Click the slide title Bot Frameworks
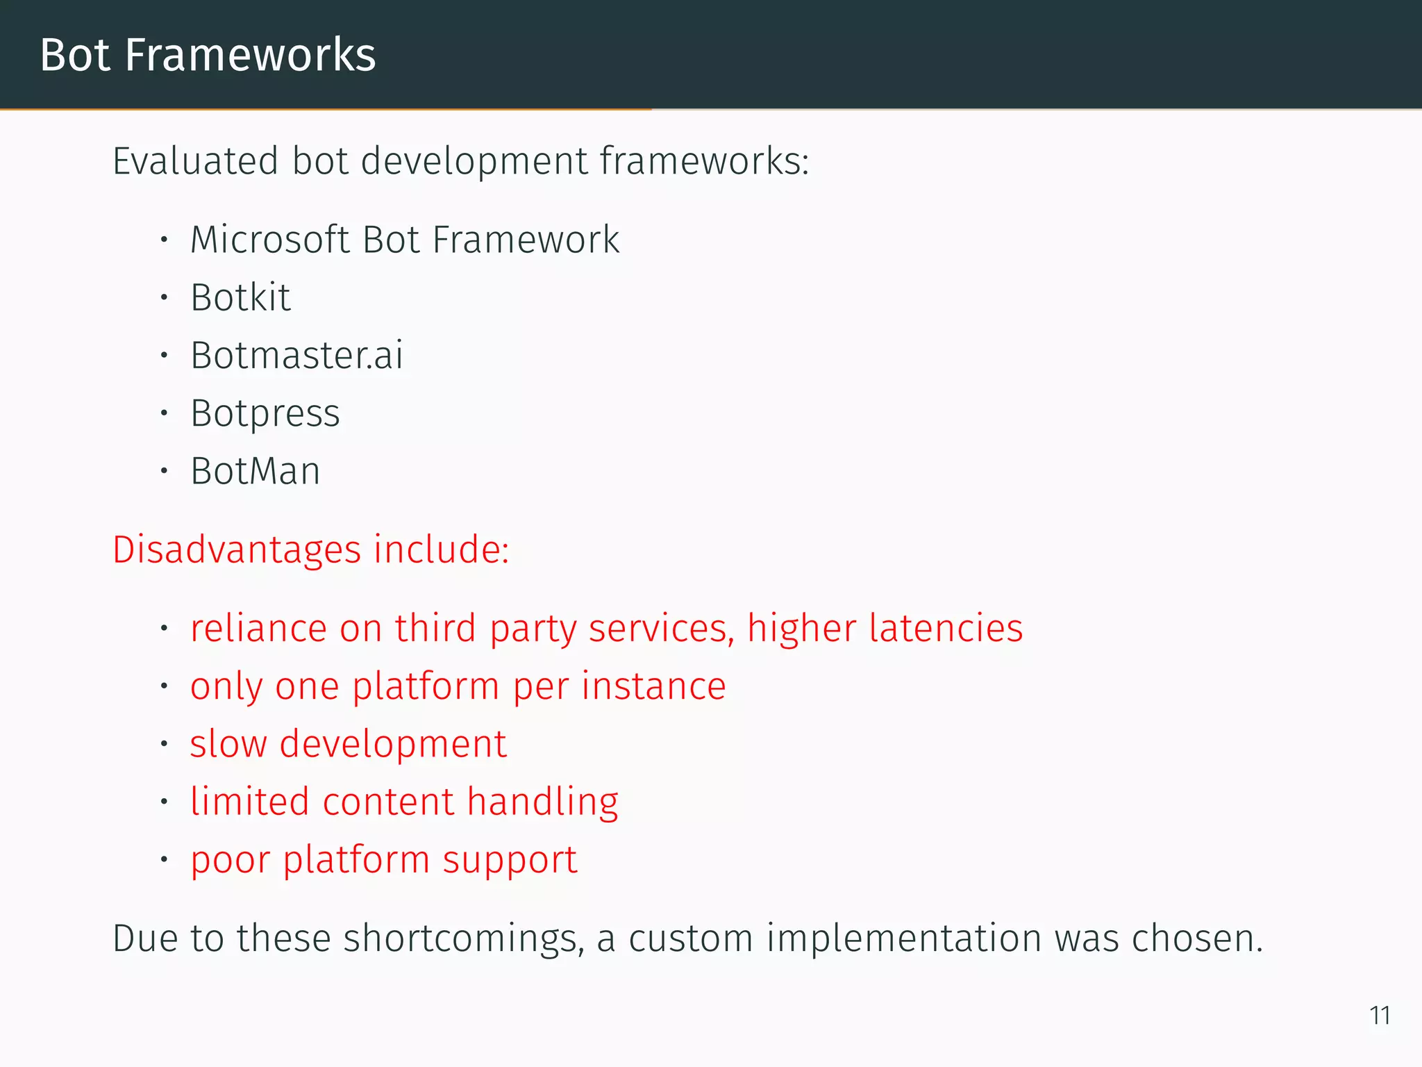tap(208, 55)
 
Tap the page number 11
tap(1379, 1016)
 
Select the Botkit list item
tap(240, 298)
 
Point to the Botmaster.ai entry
tap(296, 356)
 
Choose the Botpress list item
tap(265, 414)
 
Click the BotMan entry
tap(256, 472)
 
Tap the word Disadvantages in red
tap(237, 549)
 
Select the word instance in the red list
tap(653, 686)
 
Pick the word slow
tap(228, 744)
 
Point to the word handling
tap(542, 802)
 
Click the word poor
tap(230, 860)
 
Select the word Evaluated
tap(196, 161)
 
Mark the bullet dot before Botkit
tap(164, 298)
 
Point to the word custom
tap(691, 938)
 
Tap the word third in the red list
tap(435, 628)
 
